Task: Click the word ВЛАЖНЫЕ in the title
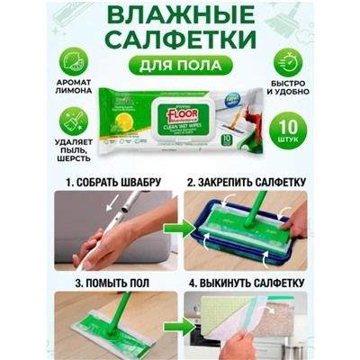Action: [181, 16]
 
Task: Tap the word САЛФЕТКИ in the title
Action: [181, 42]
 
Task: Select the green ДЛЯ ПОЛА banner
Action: [181, 68]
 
